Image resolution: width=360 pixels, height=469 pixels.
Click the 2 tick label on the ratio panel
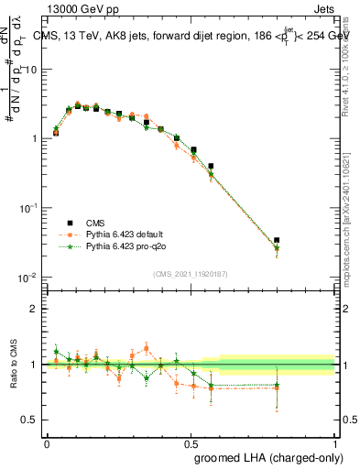click(35, 309)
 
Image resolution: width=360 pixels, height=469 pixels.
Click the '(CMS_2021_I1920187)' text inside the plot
click(191, 273)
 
